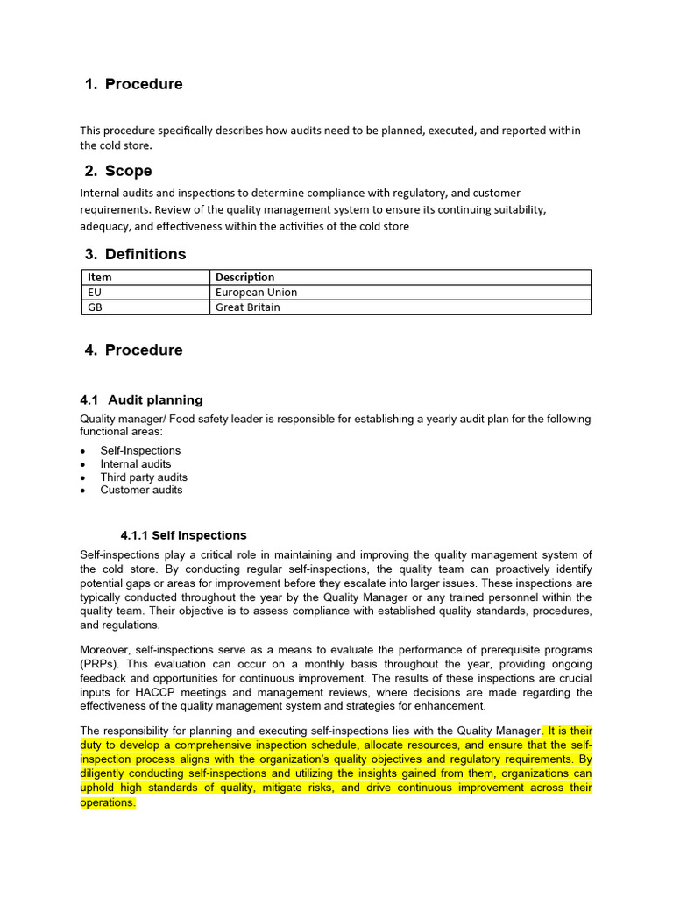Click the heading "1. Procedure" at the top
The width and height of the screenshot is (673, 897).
[x=134, y=84]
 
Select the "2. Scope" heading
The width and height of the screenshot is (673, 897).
[x=118, y=171]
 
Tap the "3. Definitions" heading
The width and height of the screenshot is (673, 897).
[x=135, y=254]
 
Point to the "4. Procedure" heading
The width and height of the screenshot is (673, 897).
[x=134, y=350]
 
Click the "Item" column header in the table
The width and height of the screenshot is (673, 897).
[x=100, y=277]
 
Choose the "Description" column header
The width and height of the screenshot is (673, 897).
[x=244, y=277]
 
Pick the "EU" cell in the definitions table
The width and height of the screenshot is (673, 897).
[x=96, y=292]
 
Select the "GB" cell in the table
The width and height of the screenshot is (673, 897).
[x=96, y=307]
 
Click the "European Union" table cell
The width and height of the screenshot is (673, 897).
[x=256, y=292]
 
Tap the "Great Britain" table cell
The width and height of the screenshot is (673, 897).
[x=248, y=307]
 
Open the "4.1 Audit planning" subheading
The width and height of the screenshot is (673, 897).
[x=141, y=399]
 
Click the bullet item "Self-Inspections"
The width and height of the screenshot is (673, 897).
[x=140, y=450]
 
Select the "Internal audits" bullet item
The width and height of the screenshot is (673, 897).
[x=136, y=463]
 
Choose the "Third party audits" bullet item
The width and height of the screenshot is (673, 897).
[x=144, y=477]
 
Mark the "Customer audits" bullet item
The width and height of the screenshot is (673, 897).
[x=141, y=490]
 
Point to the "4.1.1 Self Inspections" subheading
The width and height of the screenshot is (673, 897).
[x=183, y=534]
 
